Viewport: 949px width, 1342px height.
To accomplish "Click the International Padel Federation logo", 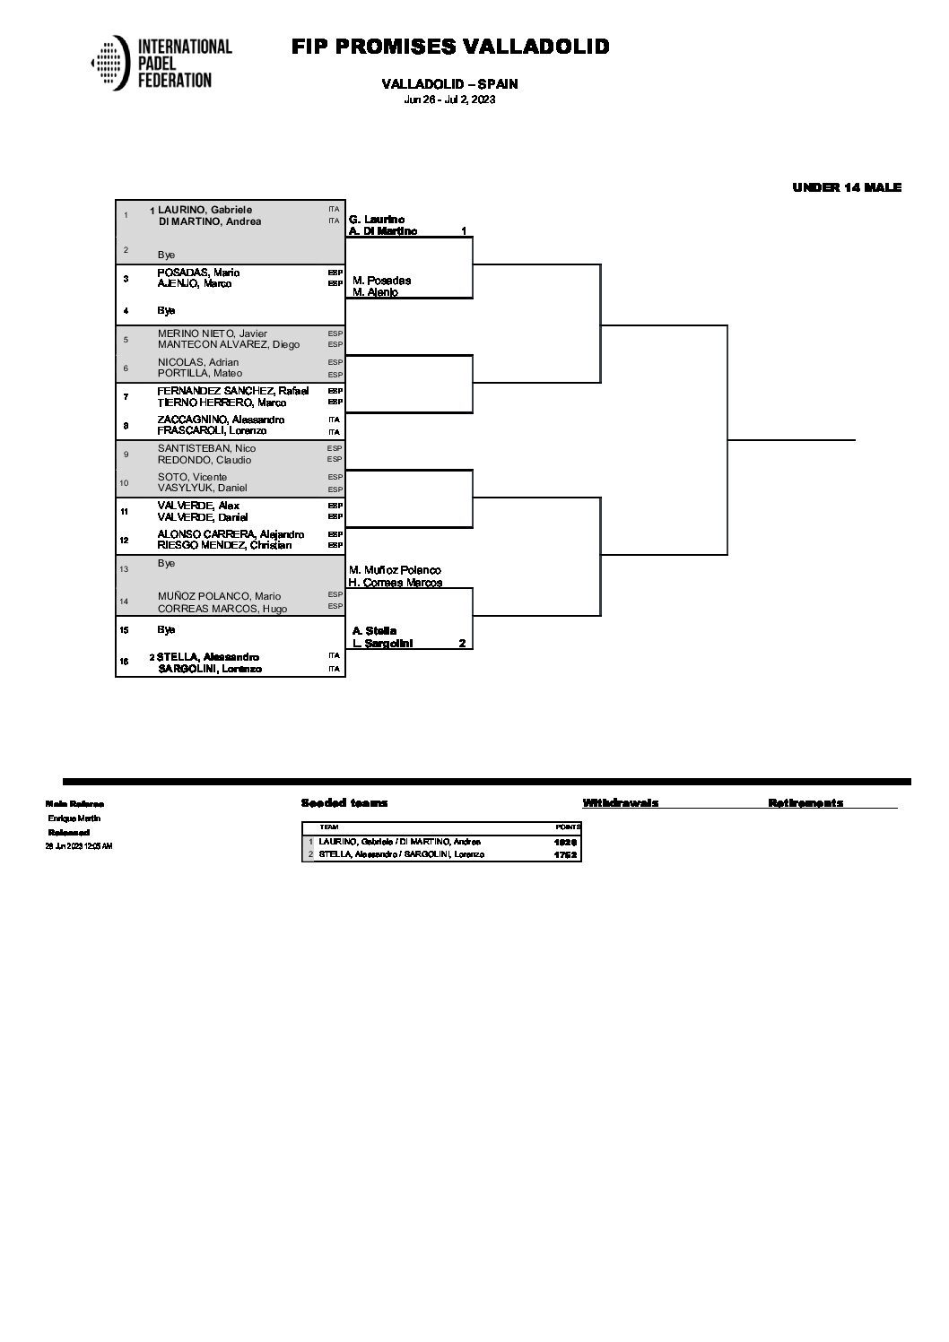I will click(161, 63).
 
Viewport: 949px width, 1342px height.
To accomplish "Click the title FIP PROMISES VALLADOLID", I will click(450, 47).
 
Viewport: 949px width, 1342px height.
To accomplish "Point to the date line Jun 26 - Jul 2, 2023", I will click(449, 100).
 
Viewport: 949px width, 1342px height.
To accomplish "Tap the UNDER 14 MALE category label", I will click(846, 187).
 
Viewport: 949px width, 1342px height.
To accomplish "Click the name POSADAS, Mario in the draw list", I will click(198, 273).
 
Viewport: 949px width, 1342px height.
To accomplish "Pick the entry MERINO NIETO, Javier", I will click(213, 333).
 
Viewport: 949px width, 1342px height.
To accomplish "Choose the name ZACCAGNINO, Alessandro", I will click(221, 420).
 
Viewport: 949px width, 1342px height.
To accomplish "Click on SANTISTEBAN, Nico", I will click(206, 448).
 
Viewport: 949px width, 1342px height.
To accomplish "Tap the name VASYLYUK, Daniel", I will click(202, 488).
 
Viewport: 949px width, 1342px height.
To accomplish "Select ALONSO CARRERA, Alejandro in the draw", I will click(231, 534).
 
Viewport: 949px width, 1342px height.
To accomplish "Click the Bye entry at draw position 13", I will click(166, 563).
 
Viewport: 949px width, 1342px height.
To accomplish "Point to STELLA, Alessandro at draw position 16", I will click(208, 657).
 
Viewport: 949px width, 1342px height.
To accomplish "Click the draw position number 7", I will click(126, 396).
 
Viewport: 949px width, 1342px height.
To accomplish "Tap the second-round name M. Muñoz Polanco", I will click(395, 570).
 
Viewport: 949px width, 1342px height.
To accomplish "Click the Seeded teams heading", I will click(344, 803).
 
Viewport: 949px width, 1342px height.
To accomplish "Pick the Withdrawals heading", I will click(620, 803).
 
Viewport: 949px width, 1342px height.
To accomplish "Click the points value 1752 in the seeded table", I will click(565, 854).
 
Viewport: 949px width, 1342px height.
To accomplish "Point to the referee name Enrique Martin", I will click(74, 818).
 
